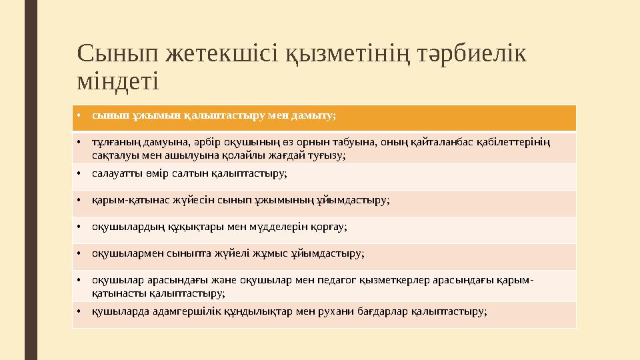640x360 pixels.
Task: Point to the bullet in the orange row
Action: (x=79, y=115)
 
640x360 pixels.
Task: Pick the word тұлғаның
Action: (x=115, y=141)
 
